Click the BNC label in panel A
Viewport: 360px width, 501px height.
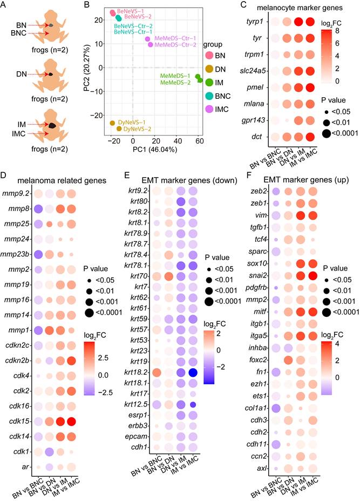click(x=16, y=33)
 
